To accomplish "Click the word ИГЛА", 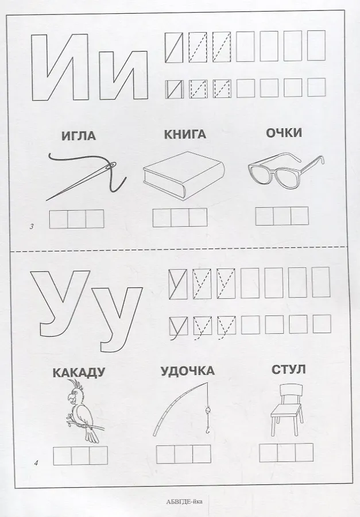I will [x=79, y=136].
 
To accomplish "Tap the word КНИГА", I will [x=185, y=134].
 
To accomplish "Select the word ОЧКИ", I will [x=284, y=133].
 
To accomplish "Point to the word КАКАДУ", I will [x=79, y=372].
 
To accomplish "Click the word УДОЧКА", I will [x=187, y=371].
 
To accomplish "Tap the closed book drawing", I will [x=184, y=175].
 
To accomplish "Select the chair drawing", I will [x=285, y=410].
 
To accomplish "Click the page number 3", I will [x=32, y=227].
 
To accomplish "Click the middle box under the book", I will [x=180, y=218].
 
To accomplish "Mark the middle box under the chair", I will [x=286, y=453].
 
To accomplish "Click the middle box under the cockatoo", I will [x=80, y=455].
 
